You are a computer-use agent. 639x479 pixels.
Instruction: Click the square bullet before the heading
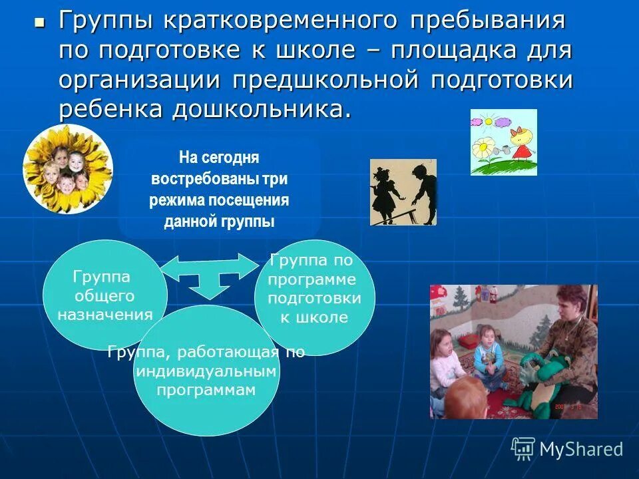39,23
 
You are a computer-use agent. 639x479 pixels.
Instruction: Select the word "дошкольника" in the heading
261,110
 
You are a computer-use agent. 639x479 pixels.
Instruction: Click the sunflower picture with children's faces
67,169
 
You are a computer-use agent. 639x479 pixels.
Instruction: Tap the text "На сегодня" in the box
219,158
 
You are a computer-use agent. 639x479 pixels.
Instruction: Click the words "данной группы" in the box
219,222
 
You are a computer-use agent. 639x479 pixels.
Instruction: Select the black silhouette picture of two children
403,192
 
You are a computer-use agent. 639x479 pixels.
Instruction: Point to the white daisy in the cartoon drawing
485,148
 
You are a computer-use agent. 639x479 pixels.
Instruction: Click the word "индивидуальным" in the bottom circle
206,371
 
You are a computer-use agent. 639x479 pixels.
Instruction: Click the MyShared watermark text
580,449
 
